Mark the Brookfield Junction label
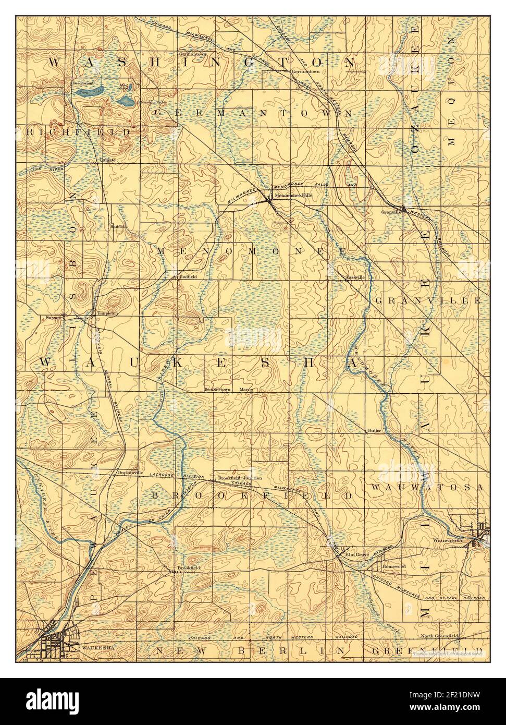pyautogui.click(x=240, y=478)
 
